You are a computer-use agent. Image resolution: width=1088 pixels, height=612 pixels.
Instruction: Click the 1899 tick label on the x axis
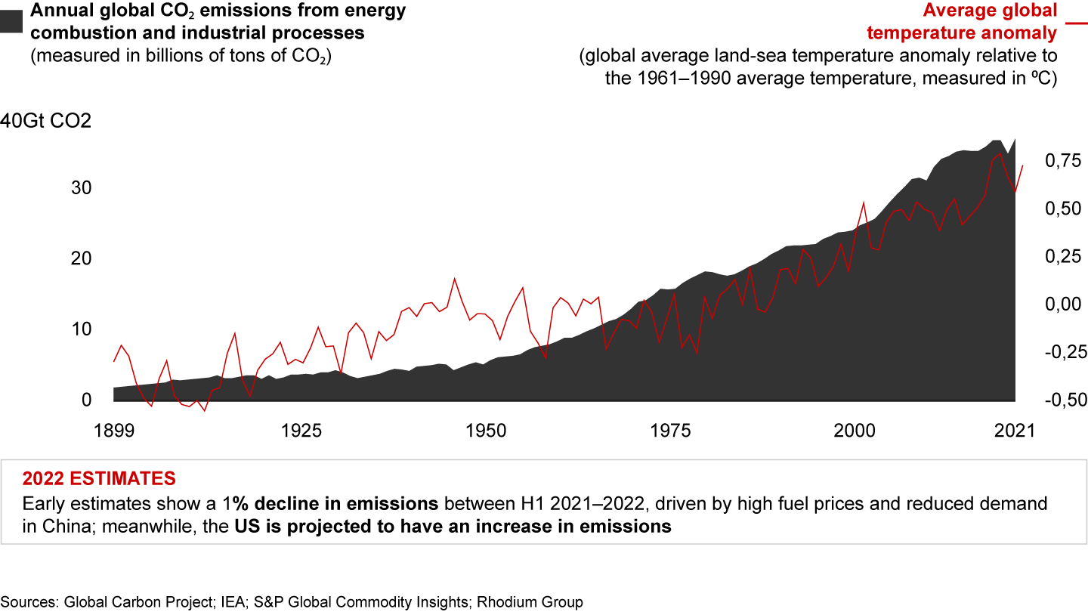(x=113, y=431)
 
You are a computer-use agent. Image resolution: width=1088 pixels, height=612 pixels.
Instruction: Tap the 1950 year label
(x=486, y=431)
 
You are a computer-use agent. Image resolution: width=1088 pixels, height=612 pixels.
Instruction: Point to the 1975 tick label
(x=671, y=431)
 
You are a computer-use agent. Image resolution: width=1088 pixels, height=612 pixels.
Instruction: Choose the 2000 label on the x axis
(x=856, y=431)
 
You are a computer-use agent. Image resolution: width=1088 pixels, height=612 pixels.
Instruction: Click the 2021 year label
(x=1015, y=431)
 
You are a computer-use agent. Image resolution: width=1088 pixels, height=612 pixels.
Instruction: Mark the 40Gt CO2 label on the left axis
(x=45, y=121)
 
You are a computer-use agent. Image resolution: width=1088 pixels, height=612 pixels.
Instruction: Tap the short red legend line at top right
(x=1074, y=23)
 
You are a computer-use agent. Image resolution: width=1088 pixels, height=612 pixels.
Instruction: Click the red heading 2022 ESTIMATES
(x=99, y=478)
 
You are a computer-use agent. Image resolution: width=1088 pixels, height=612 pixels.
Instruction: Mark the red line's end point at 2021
(x=1023, y=165)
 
